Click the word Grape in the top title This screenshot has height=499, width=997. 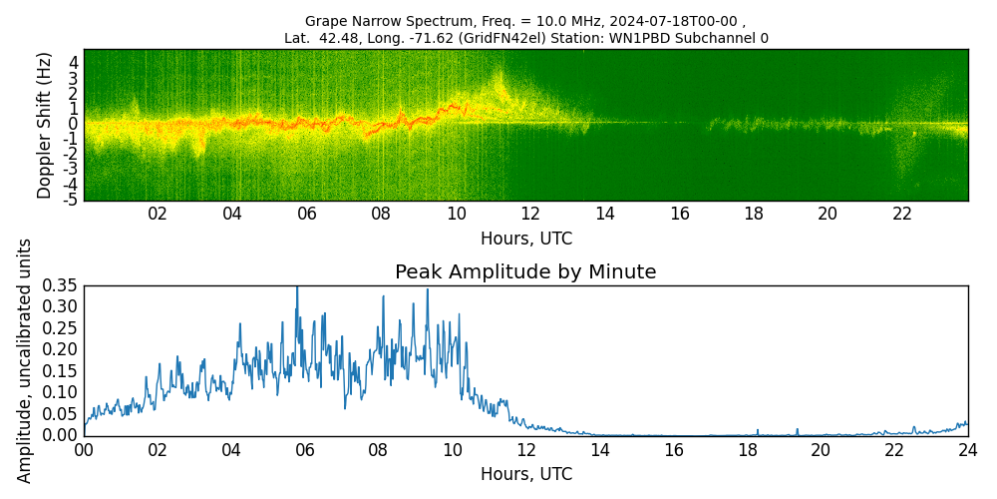coord(325,21)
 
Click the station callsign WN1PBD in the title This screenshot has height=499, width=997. coord(677,38)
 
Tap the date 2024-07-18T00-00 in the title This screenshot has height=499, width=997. coord(679,21)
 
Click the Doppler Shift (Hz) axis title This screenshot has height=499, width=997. coord(44,125)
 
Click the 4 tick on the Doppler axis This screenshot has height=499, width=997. coord(74,62)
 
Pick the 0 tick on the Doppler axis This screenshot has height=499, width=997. coord(74,124)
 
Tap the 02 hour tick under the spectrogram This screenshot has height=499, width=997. coord(158,214)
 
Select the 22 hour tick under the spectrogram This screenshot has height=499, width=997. coord(902,214)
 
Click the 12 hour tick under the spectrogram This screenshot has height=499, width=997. coord(530,214)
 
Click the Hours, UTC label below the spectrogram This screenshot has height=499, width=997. coord(525,239)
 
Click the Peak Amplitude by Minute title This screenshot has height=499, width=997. coord(525,271)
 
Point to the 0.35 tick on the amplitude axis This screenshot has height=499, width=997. coord(59,286)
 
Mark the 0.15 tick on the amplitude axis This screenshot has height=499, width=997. coord(59,371)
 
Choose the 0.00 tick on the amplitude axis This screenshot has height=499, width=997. coord(59,435)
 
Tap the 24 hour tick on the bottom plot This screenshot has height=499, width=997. coord(967,450)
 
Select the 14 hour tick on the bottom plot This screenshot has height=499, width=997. coord(599,450)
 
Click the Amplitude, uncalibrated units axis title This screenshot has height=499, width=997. coord(25,360)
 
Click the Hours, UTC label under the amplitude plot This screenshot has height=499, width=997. coord(525,474)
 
